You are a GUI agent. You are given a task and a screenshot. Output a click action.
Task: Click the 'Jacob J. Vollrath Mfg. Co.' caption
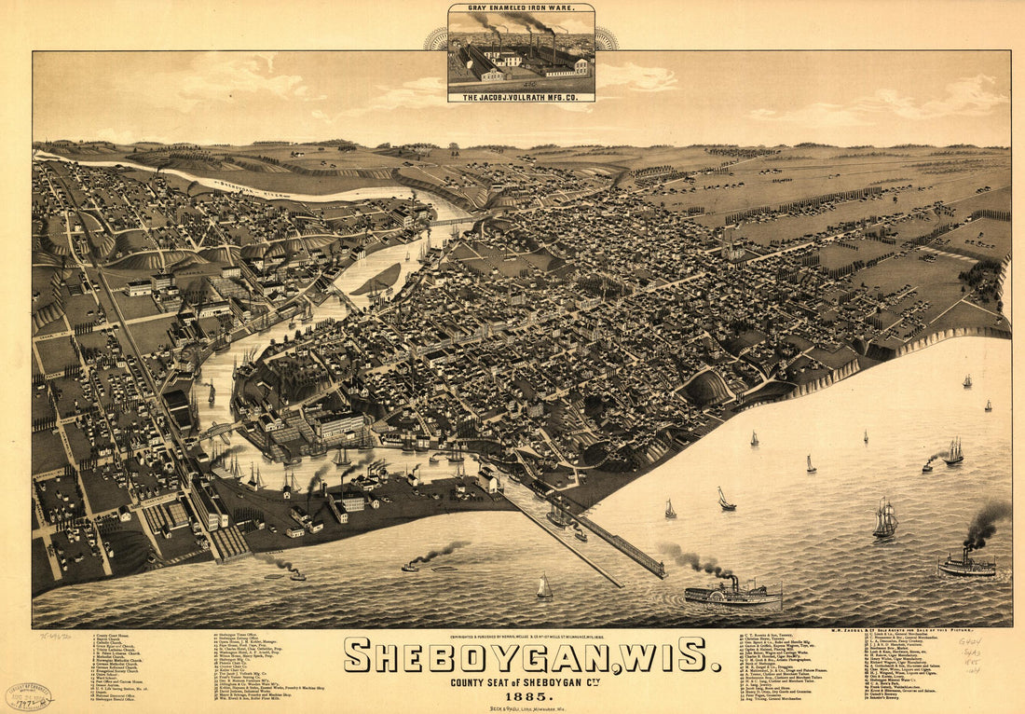point(521,97)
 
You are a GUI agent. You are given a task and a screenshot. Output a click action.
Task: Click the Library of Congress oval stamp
point(29,696)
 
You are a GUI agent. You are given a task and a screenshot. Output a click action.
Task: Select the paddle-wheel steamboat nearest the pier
point(732,592)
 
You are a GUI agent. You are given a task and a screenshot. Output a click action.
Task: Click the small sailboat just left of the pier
point(544,587)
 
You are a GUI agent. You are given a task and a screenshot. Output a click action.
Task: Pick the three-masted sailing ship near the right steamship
point(884,519)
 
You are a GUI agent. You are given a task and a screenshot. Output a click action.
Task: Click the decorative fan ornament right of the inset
point(607,39)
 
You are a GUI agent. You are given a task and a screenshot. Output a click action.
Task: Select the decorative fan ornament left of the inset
point(435,39)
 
